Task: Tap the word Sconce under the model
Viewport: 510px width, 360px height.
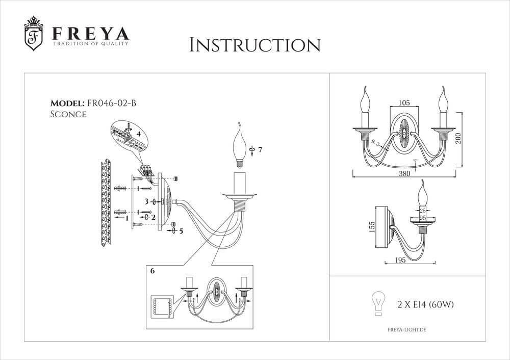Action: click(68, 115)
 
